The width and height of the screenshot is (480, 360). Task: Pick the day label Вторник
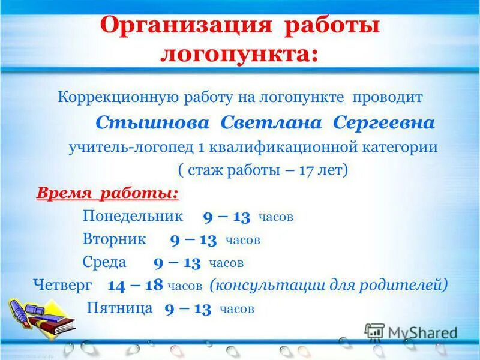[x=114, y=239]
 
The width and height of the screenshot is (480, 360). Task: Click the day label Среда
[x=104, y=262]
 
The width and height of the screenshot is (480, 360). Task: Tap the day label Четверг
[x=63, y=285]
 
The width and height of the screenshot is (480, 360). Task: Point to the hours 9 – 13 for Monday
[x=227, y=216]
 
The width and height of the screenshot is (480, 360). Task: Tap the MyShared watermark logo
[x=411, y=332]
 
